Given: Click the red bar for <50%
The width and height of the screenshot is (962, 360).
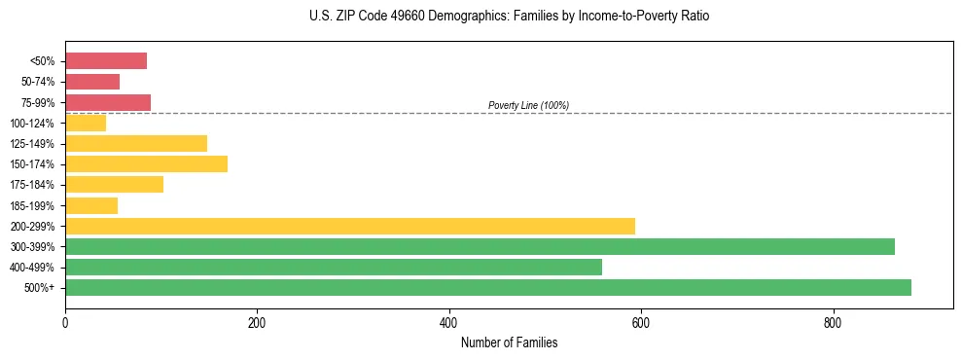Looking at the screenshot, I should pos(106,61).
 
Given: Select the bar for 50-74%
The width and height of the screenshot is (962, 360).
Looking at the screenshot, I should pos(92,82).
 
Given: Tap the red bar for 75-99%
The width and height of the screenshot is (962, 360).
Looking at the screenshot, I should pos(108,102).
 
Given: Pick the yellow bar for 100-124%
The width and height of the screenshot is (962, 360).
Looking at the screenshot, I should pos(86,123).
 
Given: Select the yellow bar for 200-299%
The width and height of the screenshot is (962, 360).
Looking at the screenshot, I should pos(350,226).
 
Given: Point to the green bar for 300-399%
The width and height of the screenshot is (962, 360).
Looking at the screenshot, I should pos(480,246).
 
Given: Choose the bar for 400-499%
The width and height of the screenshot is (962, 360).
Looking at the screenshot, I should pos(334,267).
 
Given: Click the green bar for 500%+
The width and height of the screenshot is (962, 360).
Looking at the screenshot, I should pos(488,287).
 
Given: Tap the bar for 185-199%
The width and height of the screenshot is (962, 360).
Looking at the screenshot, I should pos(91,205).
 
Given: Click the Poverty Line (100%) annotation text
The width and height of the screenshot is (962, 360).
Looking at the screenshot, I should pos(528,105).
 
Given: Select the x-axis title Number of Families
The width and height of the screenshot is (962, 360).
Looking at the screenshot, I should pos(509,342).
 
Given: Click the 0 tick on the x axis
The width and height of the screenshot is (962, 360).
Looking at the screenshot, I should pos(65,323).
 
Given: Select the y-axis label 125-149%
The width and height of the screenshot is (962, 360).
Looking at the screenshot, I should pos(32,144).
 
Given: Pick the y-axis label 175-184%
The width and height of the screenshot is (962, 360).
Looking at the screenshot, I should pos(32,185).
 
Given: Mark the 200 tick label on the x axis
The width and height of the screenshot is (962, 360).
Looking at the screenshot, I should pos(257,323).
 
